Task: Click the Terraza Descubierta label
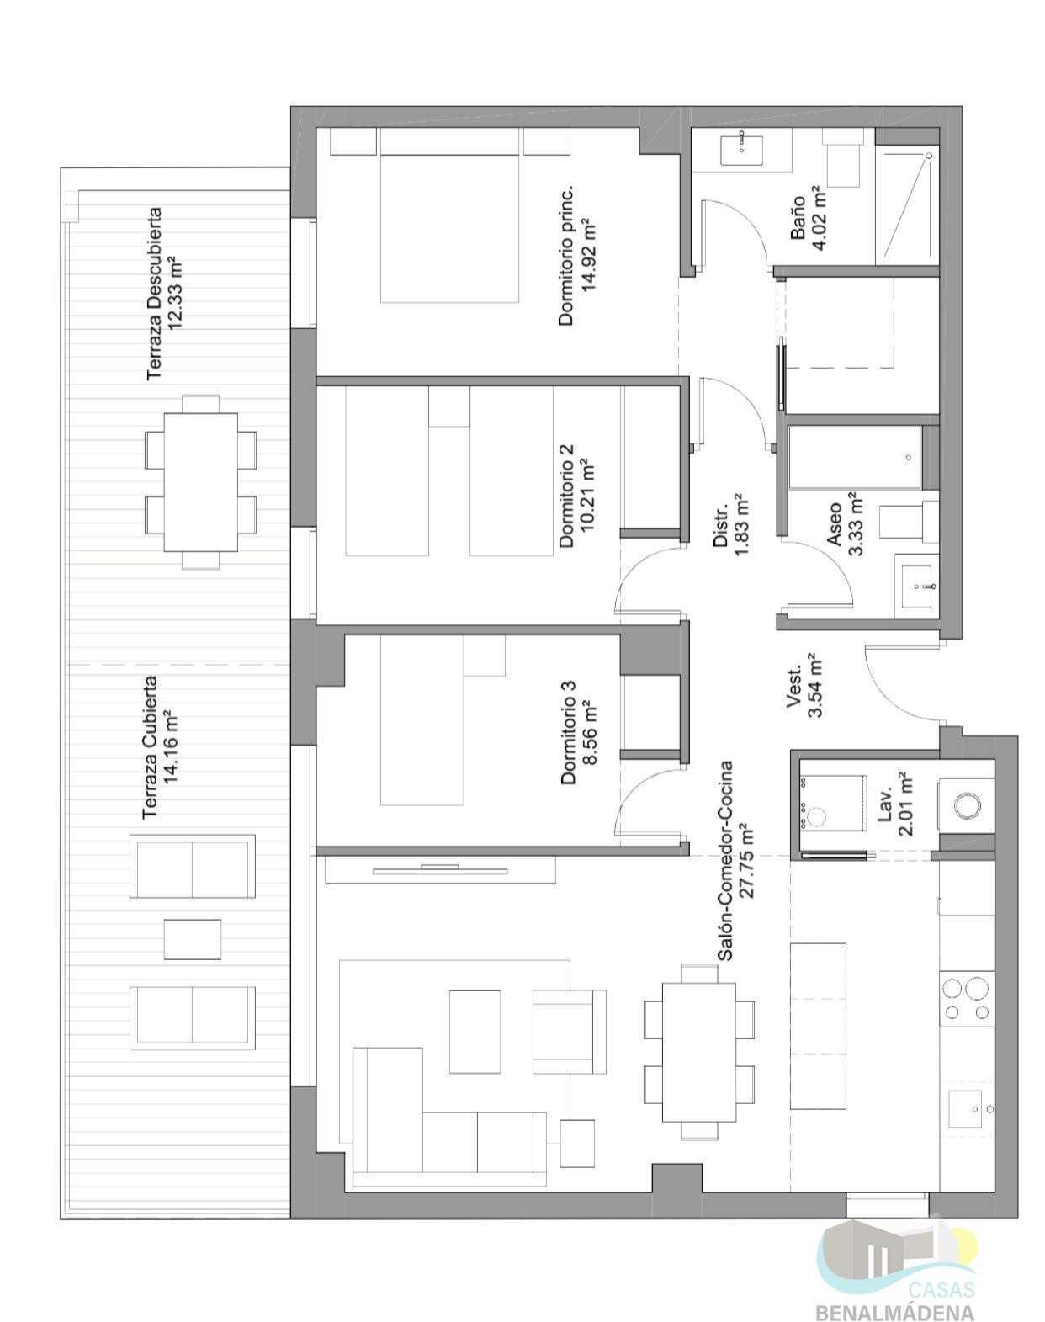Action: click(x=154, y=294)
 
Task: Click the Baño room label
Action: click(x=798, y=217)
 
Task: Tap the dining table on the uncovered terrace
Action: click(x=201, y=482)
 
